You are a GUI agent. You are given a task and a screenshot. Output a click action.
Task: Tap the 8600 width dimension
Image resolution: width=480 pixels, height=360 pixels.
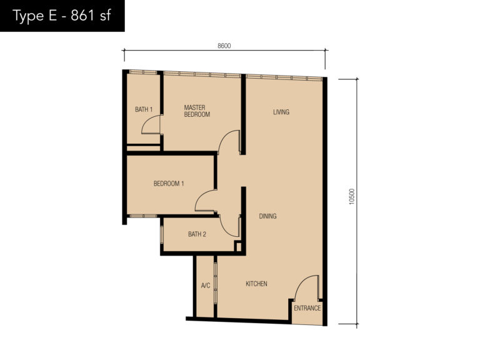tap(224, 46)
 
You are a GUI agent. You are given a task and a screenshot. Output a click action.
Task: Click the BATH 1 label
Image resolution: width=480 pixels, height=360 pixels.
tap(144, 110)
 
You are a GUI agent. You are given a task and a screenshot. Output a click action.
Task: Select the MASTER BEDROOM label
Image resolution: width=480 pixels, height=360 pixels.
tap(196, 111)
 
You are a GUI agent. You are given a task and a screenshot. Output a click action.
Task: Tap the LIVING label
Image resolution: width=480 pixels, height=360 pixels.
tap(281, 112)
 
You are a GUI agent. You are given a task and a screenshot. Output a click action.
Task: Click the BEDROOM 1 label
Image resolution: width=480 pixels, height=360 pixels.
tap(169, 183)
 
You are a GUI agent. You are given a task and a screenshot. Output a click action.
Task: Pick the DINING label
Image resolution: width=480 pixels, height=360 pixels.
tap(267, 216)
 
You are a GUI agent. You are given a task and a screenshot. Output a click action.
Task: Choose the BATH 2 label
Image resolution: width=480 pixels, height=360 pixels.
tap(197, 234)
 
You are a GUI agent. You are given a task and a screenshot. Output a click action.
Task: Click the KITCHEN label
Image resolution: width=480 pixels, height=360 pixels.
tap(256, 284)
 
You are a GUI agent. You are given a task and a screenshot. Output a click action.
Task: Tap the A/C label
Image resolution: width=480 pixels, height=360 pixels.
tap(205, 286)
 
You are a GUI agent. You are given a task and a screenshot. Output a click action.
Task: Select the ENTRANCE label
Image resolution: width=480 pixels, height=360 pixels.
tap(307, 308)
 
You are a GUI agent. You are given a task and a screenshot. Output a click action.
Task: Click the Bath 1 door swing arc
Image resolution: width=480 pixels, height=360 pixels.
tap(151, 125)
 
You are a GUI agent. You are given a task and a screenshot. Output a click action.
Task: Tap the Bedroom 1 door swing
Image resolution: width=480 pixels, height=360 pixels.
tap(204, 200)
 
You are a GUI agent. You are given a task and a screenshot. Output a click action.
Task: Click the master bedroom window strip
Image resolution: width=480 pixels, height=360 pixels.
tap(202, 74)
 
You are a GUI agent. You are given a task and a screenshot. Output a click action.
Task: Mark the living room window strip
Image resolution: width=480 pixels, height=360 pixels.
tap(284, 77)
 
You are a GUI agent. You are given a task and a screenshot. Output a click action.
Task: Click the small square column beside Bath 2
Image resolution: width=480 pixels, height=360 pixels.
tap(238, 246)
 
